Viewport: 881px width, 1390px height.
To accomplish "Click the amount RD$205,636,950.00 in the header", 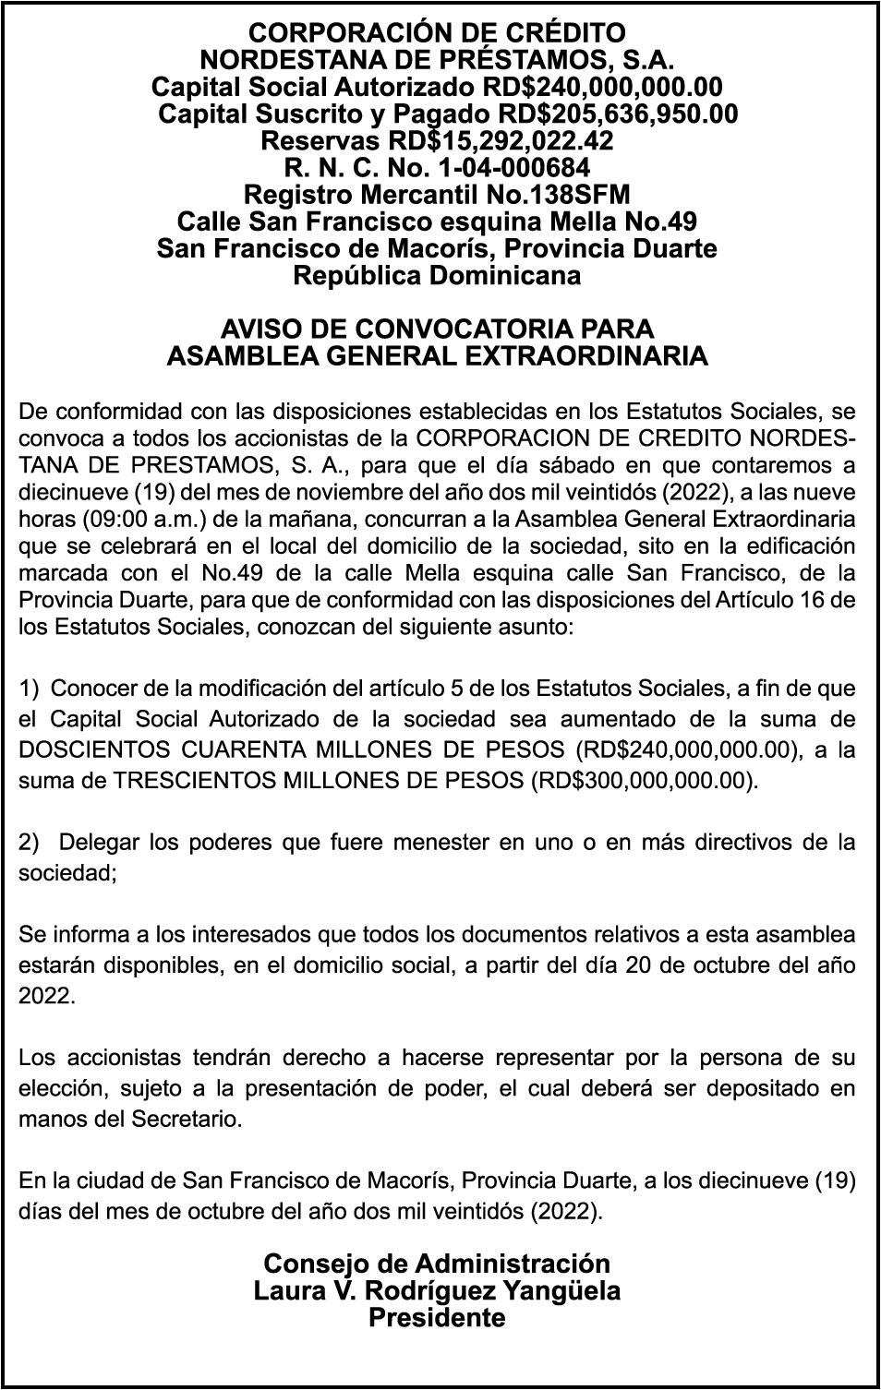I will (x=618, y=114).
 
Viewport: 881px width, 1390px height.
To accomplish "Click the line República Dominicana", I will (x=437, y=275).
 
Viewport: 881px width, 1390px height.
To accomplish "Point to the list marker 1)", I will (x=30, y=688).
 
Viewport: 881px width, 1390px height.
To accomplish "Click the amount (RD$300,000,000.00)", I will (x=645, y=780).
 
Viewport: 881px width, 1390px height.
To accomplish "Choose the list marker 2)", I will (x=30, y=842).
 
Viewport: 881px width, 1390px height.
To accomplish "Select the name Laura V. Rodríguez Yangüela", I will (x=437, y=1290).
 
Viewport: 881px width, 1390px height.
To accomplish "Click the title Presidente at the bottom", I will (x=437, y=1317).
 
